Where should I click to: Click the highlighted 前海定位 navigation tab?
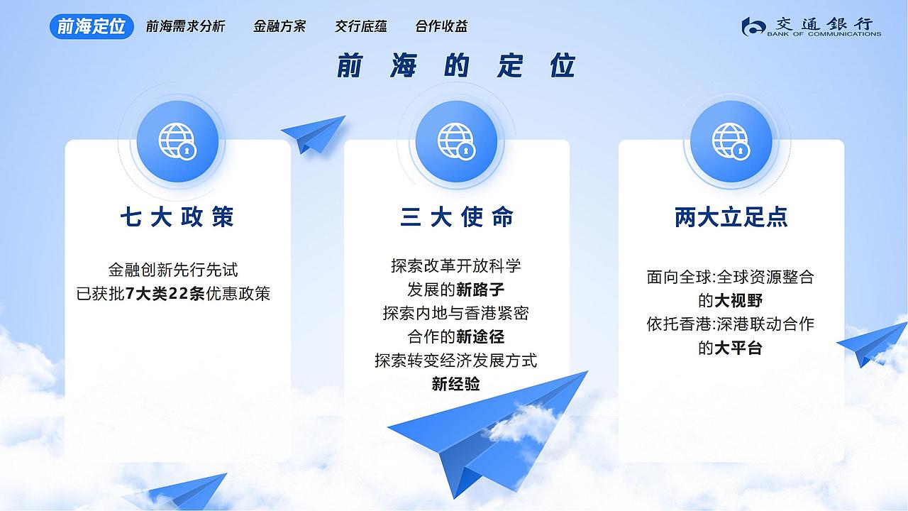92,26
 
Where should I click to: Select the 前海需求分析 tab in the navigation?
185,26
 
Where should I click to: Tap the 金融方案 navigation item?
279,26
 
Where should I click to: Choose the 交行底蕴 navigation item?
361,26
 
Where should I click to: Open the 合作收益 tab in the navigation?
441,26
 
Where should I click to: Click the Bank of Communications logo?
811,26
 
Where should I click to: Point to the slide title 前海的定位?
455,66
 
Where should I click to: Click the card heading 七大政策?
177,217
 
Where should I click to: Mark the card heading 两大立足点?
731,217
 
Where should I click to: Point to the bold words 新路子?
480,289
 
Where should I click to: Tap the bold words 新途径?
480,336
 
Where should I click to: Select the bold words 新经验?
456,384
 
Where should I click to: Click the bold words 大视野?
738,301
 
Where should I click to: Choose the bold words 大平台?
738,348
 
